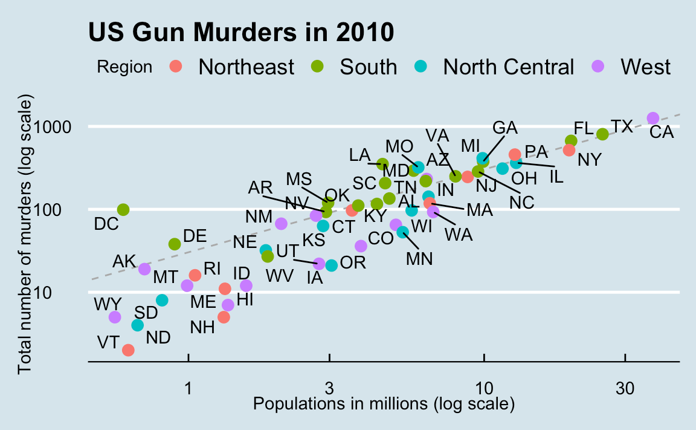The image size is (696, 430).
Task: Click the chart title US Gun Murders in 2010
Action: [241, 32]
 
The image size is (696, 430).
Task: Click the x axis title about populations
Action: [384, 403]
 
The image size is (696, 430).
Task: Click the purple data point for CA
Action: [652, 118]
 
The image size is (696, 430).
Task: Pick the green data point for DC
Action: [123, 210]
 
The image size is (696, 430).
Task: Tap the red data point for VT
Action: [128, 350]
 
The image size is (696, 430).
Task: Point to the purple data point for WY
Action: [115, 317]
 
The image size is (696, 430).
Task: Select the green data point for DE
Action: [175, 244]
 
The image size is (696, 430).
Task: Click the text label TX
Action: [622, 126]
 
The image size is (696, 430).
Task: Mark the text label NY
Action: [589, 160]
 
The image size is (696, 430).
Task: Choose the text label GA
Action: [505, 128]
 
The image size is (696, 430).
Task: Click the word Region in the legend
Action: [124, 67]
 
